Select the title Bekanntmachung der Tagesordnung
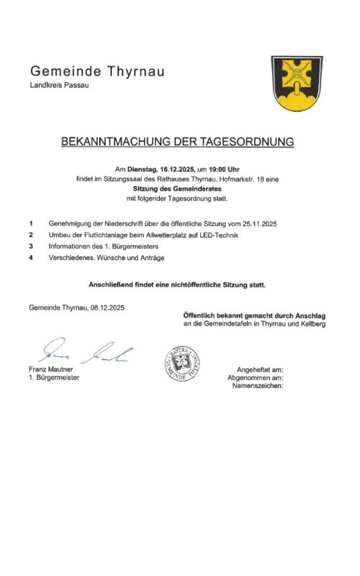[178, 142]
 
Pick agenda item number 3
[31, 246]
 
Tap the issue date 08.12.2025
[108, 307]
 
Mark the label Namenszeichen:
[258, 385]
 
